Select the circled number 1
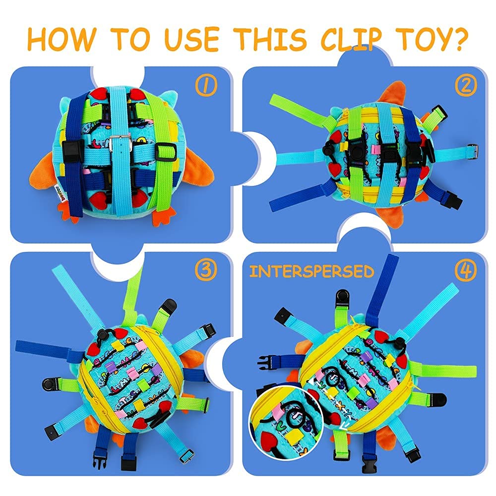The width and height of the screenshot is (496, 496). coord(206,85)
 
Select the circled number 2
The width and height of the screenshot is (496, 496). coord(466,85)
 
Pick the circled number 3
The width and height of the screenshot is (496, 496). coord(206,270)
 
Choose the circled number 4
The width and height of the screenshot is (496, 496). coord(466,270)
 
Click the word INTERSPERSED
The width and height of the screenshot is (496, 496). coord(311,272)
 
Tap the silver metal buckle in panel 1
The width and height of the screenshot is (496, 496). coord(121,144)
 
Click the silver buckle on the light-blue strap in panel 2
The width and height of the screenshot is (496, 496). coord(472,152)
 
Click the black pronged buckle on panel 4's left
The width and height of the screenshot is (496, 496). coord(266,363)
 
